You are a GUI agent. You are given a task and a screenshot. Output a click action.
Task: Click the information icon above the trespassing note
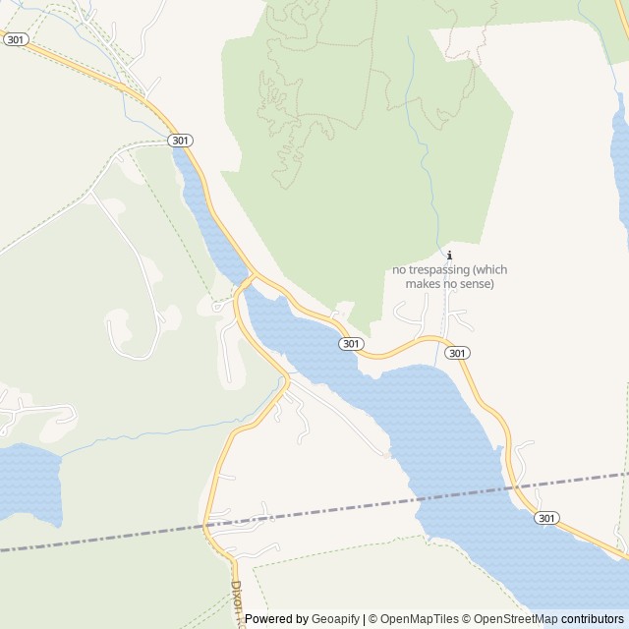(x=450, y=256)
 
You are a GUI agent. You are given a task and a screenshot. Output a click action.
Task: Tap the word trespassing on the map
(x=448, y=269)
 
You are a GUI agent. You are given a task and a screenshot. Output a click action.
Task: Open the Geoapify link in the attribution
(x=335, y=619)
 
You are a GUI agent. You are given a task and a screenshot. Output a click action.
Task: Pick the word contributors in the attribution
(x=593, y=619)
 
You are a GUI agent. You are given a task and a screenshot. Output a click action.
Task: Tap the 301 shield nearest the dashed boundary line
(x=547, y=518)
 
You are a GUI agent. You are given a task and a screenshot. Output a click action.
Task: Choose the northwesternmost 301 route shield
(x=15, y=40)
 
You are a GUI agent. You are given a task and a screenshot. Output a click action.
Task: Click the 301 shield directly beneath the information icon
(x=456, y=352)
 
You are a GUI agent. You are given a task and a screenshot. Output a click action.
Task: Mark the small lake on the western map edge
(x=28, y=482)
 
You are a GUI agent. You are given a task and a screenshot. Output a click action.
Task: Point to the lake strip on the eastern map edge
(x=620, y=157)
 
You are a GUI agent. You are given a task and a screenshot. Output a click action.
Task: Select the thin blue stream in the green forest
(x=422, y=128)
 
